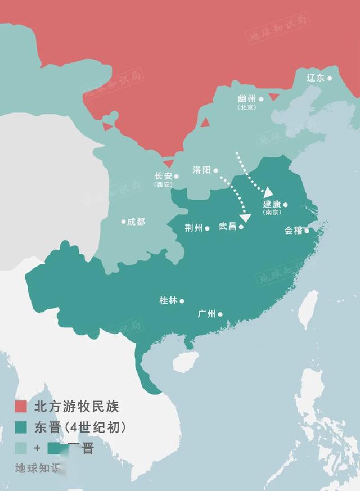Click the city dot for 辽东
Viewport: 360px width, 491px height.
(x=330, y=78)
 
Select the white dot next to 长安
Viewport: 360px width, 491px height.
(x=176, y=176)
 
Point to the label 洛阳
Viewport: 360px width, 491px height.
(x=201, y=170)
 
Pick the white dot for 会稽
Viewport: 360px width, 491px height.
(x=307, y=231)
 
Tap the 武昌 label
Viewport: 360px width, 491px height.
(x=228, y=227)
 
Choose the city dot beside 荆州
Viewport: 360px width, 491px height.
(x=208, y=228)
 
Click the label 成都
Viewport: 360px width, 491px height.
(x=136, y=222)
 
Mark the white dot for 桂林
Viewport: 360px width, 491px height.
(x=182, y=301)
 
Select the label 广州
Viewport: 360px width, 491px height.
(x=207, y=314)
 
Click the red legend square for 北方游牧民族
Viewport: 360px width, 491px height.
(x=21, y=406)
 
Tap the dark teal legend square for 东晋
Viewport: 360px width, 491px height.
(x=21, y=427)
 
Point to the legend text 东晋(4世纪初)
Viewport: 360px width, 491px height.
(x=79, y=427)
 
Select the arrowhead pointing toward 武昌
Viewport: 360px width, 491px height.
(x=245, y=218)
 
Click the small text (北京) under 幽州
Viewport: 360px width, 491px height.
(x=246, y=107)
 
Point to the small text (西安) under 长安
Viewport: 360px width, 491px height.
(x=164, y=184)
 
